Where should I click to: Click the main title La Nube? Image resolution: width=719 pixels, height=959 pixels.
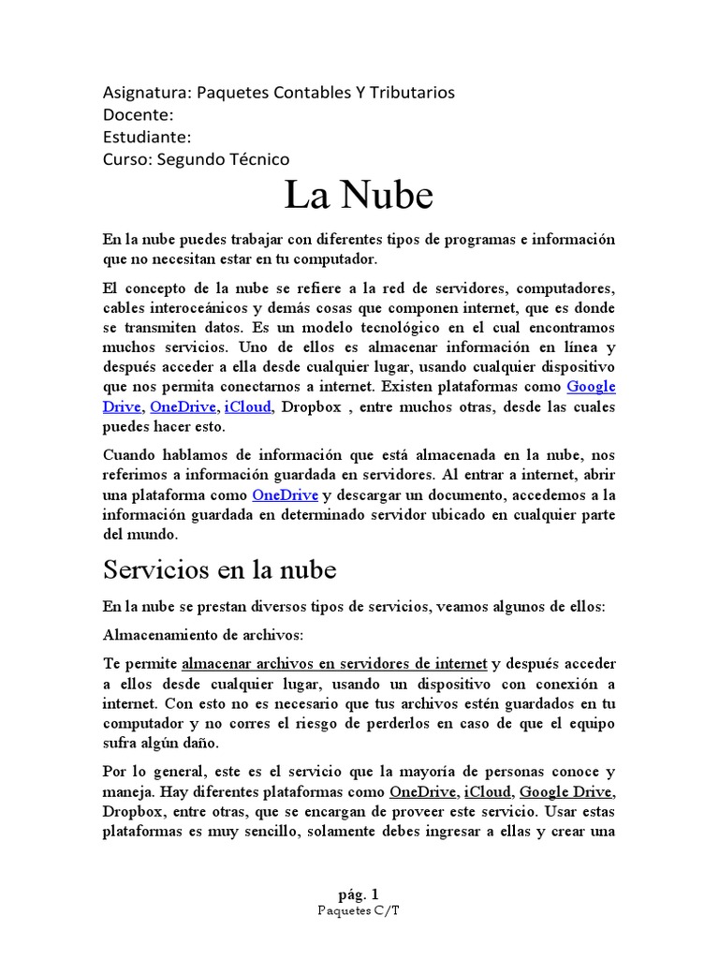[359, 196]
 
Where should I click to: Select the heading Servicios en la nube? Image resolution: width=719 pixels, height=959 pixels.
[219, 568]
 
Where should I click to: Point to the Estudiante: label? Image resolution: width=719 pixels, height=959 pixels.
[147, 137]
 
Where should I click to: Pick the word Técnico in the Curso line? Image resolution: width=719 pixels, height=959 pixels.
[256, 159]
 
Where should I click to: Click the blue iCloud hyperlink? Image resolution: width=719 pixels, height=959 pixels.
[249, 406]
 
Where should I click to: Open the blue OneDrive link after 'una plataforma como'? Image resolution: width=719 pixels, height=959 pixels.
[286, 494]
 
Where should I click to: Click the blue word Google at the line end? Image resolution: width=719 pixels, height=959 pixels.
[591, 387]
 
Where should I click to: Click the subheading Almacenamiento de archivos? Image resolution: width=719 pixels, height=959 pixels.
[203, 634]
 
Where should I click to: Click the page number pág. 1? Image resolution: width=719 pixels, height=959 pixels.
[359, 893]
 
